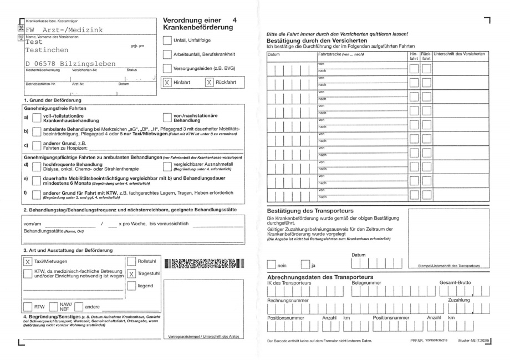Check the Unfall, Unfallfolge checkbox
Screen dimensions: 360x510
point(167,40)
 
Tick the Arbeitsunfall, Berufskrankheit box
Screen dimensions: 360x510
point(167,54)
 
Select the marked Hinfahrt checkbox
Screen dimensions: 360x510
point(167,82)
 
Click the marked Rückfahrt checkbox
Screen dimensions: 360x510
point(208,82)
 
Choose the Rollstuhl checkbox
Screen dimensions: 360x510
point(131,261)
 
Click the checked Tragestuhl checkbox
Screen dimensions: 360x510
point(131,273)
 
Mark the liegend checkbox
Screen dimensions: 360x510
point(131,286)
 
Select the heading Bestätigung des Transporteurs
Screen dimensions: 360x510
point(310,211)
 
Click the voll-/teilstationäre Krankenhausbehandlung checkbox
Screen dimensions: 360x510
point(36,118)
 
